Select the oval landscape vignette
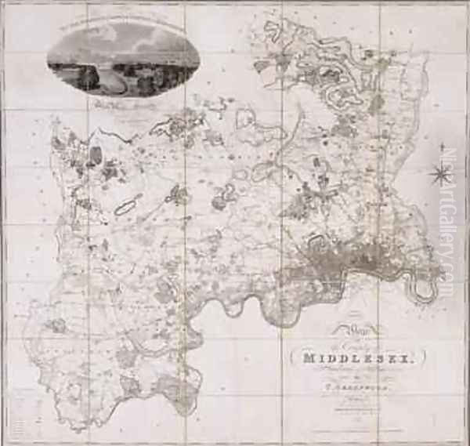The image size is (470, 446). (123, 59)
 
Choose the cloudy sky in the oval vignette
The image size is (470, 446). (125, 39)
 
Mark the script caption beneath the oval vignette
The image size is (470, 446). (123, 103)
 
